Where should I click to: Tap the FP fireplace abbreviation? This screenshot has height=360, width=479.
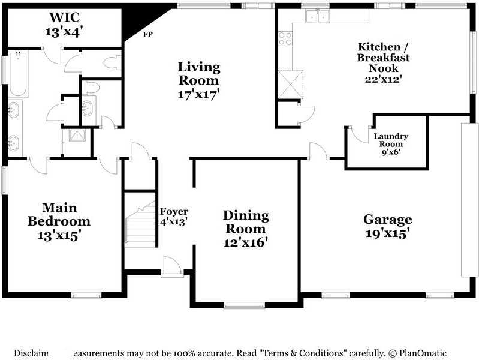pyautogui.click(x=147, y=34)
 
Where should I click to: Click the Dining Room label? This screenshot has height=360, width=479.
pyautogui.click(x=245, y=222)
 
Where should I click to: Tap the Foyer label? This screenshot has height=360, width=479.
pyautogui.click(x=174, y=212)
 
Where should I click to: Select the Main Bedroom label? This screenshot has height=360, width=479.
pyautogui.click(x=52, y=214)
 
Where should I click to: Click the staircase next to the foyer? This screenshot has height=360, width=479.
pyautogui.click(x=140, y=225)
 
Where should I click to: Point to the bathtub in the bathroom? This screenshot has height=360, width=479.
pyautogui.click(x=18, y=74)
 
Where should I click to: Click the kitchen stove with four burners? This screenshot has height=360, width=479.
pyautogui.click(x=286, y=39)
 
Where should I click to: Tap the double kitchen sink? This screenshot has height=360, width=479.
pyautogui.click(x=316, y=16)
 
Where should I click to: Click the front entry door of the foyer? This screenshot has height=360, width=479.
pyautogui.click(x=171, y=266)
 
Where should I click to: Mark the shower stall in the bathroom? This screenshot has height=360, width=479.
pyautogui.click(x=77, y=136)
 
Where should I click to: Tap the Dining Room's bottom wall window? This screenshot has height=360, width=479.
pyautogui.click(x=245, y=305)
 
